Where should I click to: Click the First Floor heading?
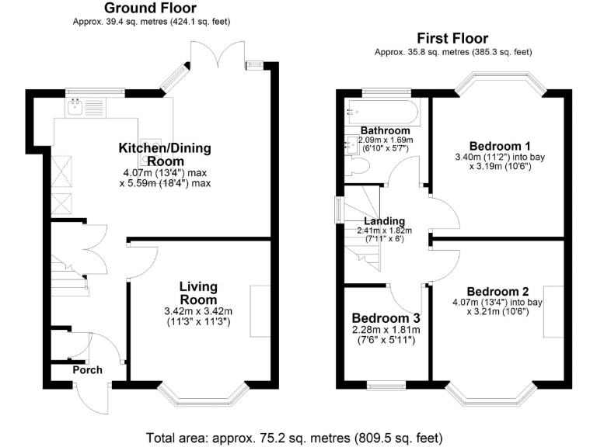(452, 38)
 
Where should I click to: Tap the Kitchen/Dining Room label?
(164, 154)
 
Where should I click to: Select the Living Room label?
(199, 293)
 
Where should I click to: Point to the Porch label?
(87, 369)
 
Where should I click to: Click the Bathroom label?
(385, 130)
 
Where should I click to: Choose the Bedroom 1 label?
(500, 146)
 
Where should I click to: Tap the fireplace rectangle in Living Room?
(260, 311)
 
